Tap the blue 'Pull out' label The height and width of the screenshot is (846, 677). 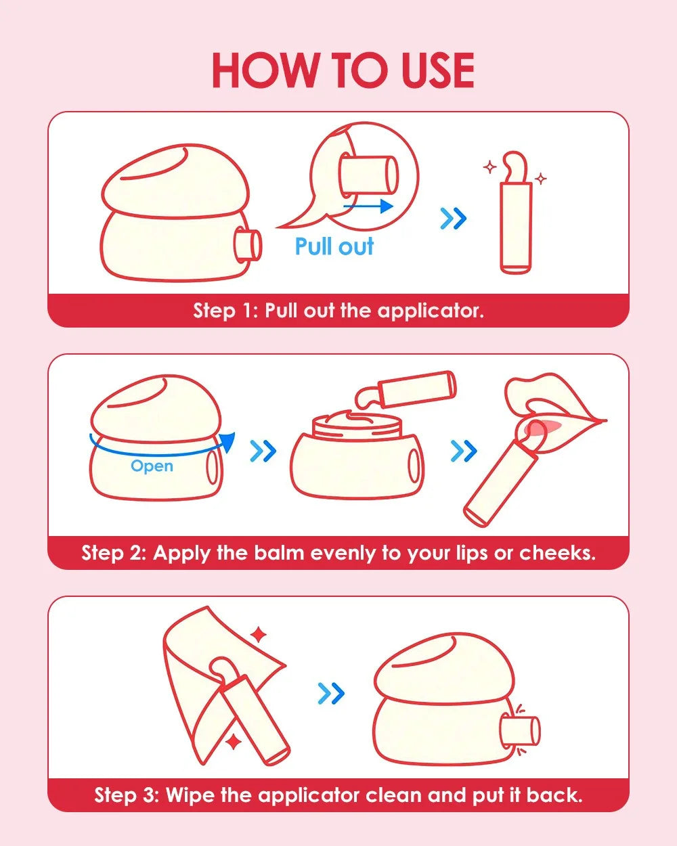coord(334,246)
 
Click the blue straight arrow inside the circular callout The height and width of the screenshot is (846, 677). coord(368,206)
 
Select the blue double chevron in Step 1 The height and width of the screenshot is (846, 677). coord(454,219)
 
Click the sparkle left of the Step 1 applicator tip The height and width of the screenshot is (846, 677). coord(490,167)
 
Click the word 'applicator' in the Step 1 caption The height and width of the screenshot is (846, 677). coord(431,311)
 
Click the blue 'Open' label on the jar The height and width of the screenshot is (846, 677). coord(152,466)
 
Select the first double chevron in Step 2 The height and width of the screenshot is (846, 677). coord(263,451)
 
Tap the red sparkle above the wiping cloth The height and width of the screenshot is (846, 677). coord(259,635)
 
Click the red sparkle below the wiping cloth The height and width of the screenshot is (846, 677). coord(234,742)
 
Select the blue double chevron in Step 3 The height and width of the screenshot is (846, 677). coord(331,693)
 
